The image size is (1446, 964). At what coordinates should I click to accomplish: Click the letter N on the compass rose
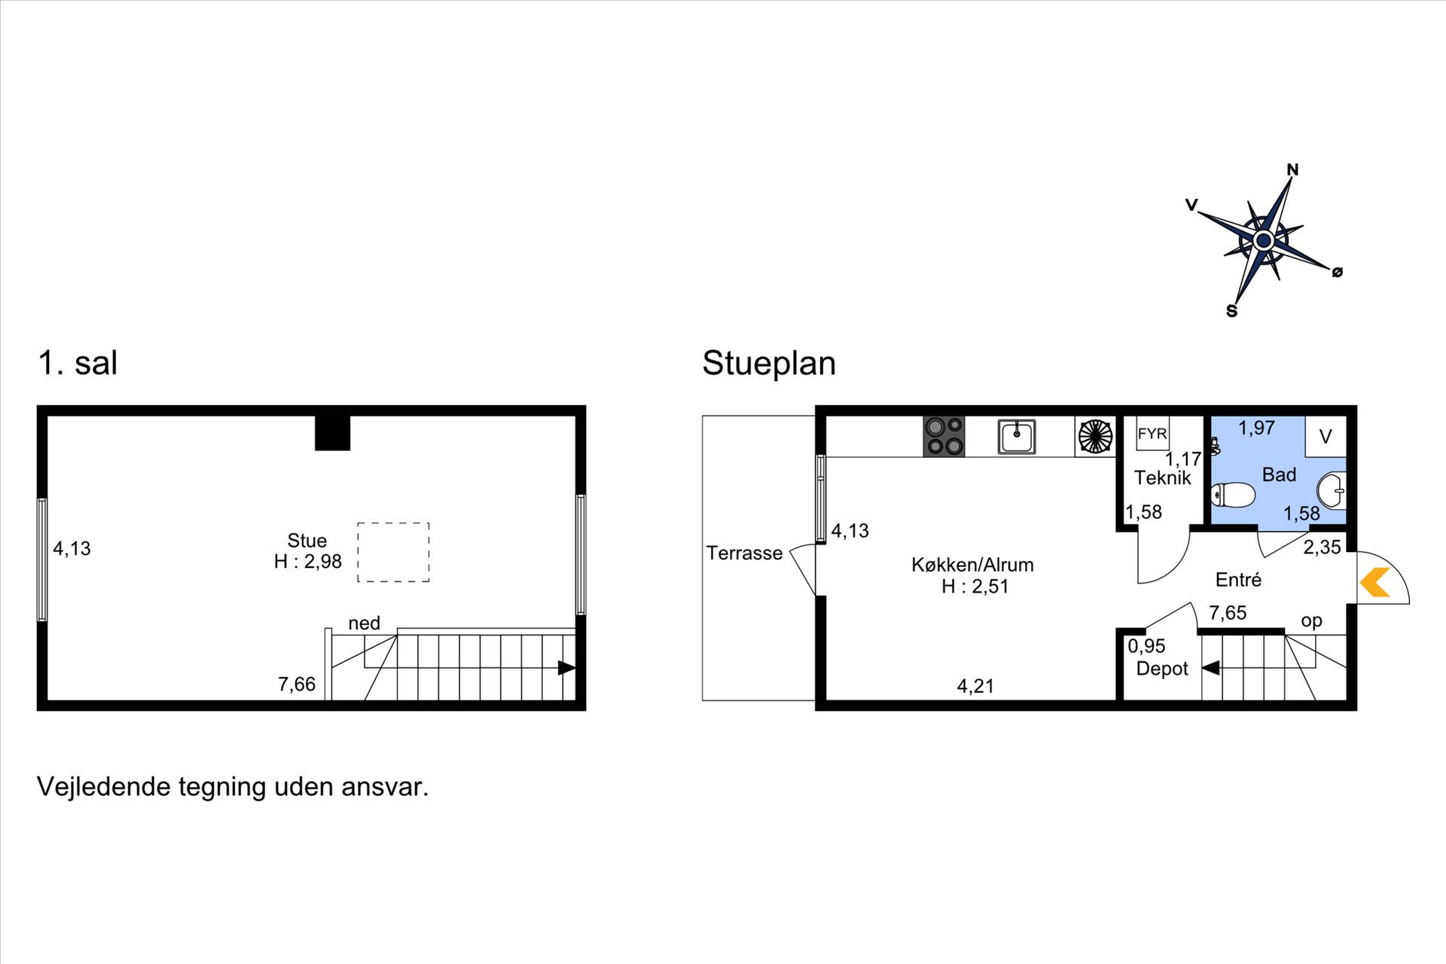(1292, 169)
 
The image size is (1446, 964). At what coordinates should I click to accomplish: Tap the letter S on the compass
(1231, 311)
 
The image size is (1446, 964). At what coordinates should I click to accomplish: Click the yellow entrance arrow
(1375, 582)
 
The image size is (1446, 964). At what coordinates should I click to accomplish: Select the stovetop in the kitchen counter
(944, 437)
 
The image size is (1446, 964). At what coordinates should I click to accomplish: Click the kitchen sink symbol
(1017, 437)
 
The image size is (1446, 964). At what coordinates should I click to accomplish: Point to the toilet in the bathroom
(1232, 496)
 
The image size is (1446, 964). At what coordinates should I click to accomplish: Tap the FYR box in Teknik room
(1152, 434)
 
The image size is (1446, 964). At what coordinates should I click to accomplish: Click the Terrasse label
(744, 554)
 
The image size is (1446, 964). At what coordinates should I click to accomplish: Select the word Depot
(1162, 669)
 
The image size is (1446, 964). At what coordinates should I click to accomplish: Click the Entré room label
(1238, 579)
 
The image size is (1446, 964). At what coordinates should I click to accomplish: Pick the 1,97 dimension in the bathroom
(1256, 428)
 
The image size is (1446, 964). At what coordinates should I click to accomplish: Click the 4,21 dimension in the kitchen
(975, 686)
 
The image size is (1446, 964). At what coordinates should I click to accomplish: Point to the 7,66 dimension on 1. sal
(297, 684)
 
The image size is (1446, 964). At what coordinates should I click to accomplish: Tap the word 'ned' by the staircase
(364, 624)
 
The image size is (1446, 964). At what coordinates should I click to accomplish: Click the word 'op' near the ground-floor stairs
(1311, 622)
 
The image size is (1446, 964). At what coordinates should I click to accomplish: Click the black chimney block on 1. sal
(332, 433)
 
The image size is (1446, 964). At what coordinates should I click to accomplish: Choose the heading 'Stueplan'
(769, 363)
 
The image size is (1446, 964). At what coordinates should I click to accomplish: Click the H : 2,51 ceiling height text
(975, 587)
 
